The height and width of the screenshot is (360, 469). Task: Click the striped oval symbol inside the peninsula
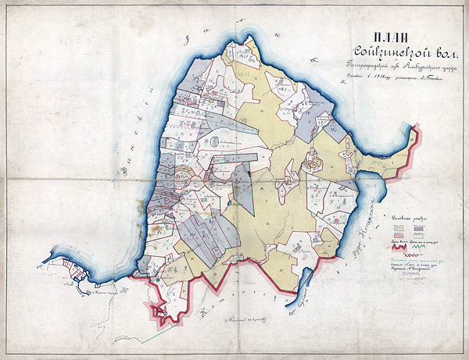tap(213, 141)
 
